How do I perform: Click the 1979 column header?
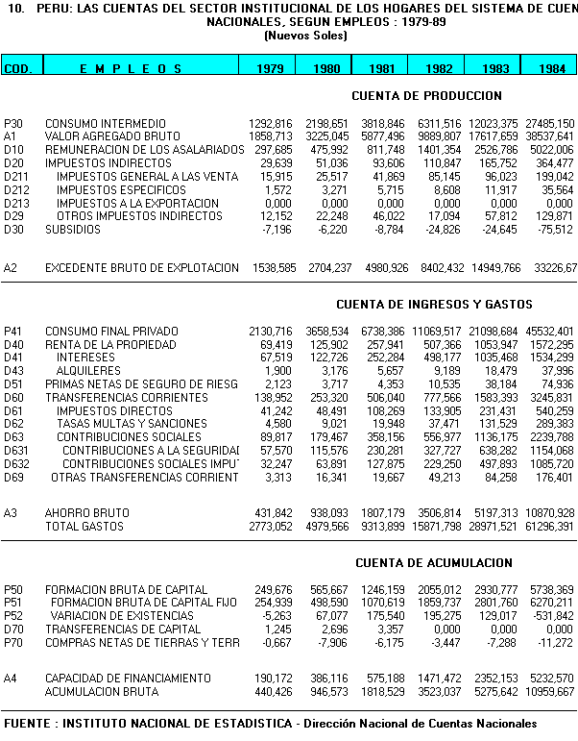pos(267,68)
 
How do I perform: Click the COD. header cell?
pos(18,68)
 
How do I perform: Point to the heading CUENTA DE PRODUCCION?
pos(426,96)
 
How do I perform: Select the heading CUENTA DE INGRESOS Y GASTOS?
pos(434,305)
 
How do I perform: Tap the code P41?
pos(13,332)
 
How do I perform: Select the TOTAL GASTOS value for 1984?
pos(550,527)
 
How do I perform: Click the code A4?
pos(11,679)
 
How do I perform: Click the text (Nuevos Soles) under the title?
pos(305,35)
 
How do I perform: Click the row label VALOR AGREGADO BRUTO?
pos(112,137)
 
